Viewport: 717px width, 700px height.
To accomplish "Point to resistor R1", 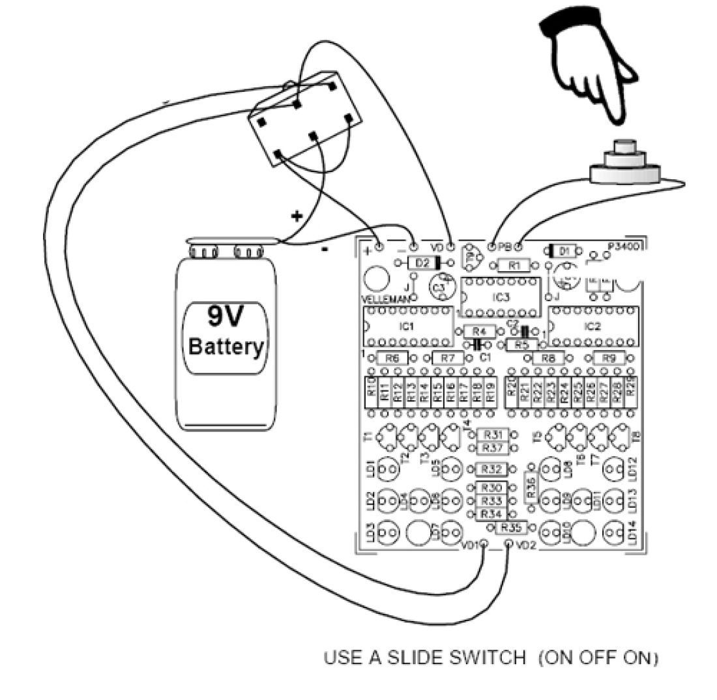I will pos(516,265).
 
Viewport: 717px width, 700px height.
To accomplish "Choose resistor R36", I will pos(531,489).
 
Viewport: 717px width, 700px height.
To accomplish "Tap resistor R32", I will pos(493,469).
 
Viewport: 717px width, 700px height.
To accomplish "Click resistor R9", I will pos(608,358).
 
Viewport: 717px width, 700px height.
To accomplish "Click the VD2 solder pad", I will pos(508,543).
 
